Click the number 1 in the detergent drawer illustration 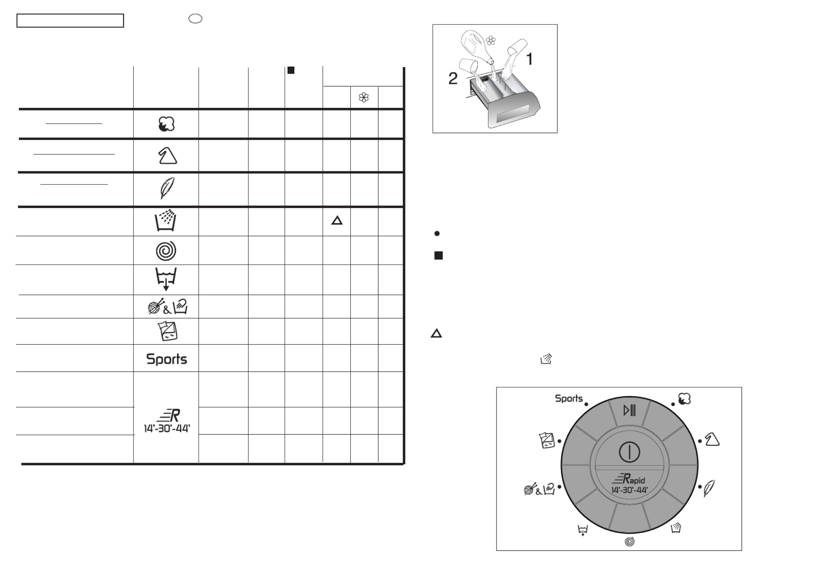tap(529, 59)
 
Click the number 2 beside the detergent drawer tap(453, 78)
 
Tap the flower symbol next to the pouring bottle tap(491, 40)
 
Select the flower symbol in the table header tap(364, 97)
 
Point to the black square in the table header tap(291, 70)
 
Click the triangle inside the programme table tap(337, 221)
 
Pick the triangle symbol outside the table tap(436, 334)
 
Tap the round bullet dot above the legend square tap(437, 233)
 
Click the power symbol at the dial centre tap(629, 452)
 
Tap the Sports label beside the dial tap(568, 399)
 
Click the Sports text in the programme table tap(167, 359)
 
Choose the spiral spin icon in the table tap(166, 250)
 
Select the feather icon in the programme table tap(167, 188)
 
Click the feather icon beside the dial tap(709, 488)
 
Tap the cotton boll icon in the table tap(167, 124)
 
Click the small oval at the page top tap(195, 19)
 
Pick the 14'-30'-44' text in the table tap(167, 428)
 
